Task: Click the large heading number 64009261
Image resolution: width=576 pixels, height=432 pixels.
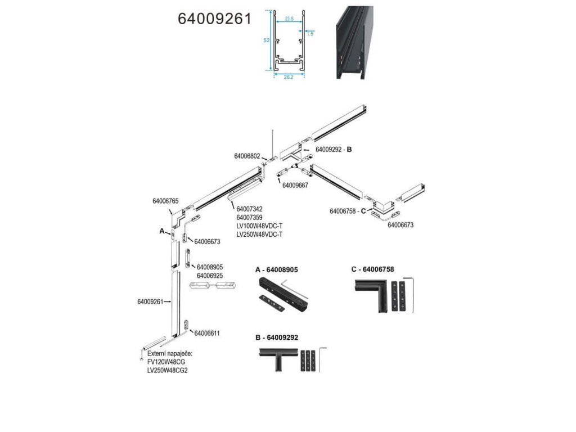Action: tap(214, 19)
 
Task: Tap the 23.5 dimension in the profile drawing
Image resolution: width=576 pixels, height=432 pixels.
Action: tap(289, 19)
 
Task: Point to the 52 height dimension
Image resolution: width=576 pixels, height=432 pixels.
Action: tap(267, 40)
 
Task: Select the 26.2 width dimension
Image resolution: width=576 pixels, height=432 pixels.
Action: tap(289, 77)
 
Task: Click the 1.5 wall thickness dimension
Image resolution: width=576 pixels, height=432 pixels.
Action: tap(310, 34)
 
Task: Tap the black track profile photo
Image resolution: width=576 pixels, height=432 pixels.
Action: tap(354, 42)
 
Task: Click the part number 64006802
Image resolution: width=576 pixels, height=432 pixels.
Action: tap(247, 156)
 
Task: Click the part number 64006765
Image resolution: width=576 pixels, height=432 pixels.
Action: tap(165, 201)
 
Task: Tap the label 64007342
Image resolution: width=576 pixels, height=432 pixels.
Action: tap(250, 209)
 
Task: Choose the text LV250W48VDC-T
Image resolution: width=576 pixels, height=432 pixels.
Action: tap(259, 234)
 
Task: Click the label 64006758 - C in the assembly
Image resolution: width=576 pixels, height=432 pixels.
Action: tap(348, 211)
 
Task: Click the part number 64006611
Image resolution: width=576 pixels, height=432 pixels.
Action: tap(206, 333)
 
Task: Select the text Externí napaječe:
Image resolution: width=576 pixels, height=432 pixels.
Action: tap(170, 353)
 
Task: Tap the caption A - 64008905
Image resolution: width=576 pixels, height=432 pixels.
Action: tap(277, 270)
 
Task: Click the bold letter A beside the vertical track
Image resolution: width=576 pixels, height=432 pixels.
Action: tap(162, 231)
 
